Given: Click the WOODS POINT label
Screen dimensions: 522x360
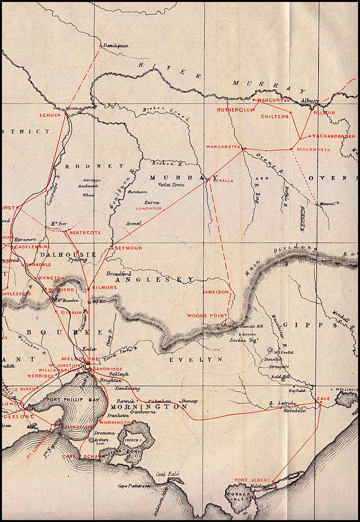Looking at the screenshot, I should tap(202, 316).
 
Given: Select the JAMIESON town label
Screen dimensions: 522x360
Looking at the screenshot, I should tap(216, 292).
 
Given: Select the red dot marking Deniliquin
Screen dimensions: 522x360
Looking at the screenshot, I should tap(101, 46).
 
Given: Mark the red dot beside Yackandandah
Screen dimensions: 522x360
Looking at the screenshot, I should tap(309, 136).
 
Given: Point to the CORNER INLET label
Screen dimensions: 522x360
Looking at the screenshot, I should tap(240, 498).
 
